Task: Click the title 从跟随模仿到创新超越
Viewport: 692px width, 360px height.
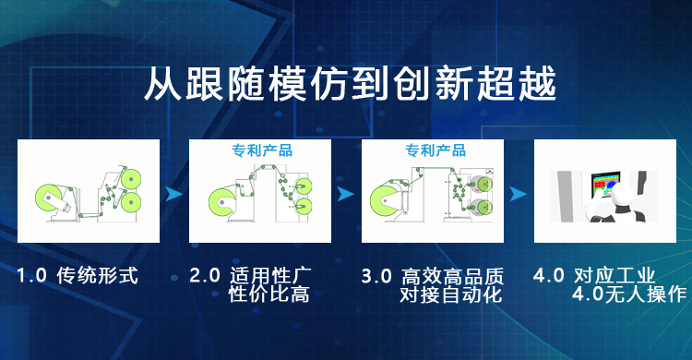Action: (350, 84)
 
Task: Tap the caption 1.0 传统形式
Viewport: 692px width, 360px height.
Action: (78, 276)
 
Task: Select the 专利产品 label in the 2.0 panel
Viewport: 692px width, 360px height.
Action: (262, 150)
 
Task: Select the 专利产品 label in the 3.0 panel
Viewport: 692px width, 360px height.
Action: (435, 150)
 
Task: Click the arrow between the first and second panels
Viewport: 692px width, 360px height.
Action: (173, 194)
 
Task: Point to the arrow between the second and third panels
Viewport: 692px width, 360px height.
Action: (346, 194)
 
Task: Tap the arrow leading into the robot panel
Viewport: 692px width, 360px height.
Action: (519, 194)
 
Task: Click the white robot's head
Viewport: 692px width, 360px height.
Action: (623, 196)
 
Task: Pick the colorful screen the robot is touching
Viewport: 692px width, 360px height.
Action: (605, 186)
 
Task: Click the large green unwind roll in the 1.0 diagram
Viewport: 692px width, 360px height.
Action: (49, 198)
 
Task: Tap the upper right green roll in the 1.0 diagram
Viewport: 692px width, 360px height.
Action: (131, 179)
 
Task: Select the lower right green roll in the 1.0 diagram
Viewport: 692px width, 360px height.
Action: (131, 202)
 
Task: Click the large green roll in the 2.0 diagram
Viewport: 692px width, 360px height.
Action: (222, 202)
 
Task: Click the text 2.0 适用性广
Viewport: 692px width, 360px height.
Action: (250, 276)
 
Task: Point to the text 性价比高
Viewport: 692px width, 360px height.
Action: (268, 294)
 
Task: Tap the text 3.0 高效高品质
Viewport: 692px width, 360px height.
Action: (433, 277)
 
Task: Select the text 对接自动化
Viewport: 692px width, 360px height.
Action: (451, 294)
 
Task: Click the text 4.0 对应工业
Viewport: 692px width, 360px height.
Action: (594, 276)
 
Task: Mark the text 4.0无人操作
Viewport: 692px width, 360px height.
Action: (629, 294)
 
